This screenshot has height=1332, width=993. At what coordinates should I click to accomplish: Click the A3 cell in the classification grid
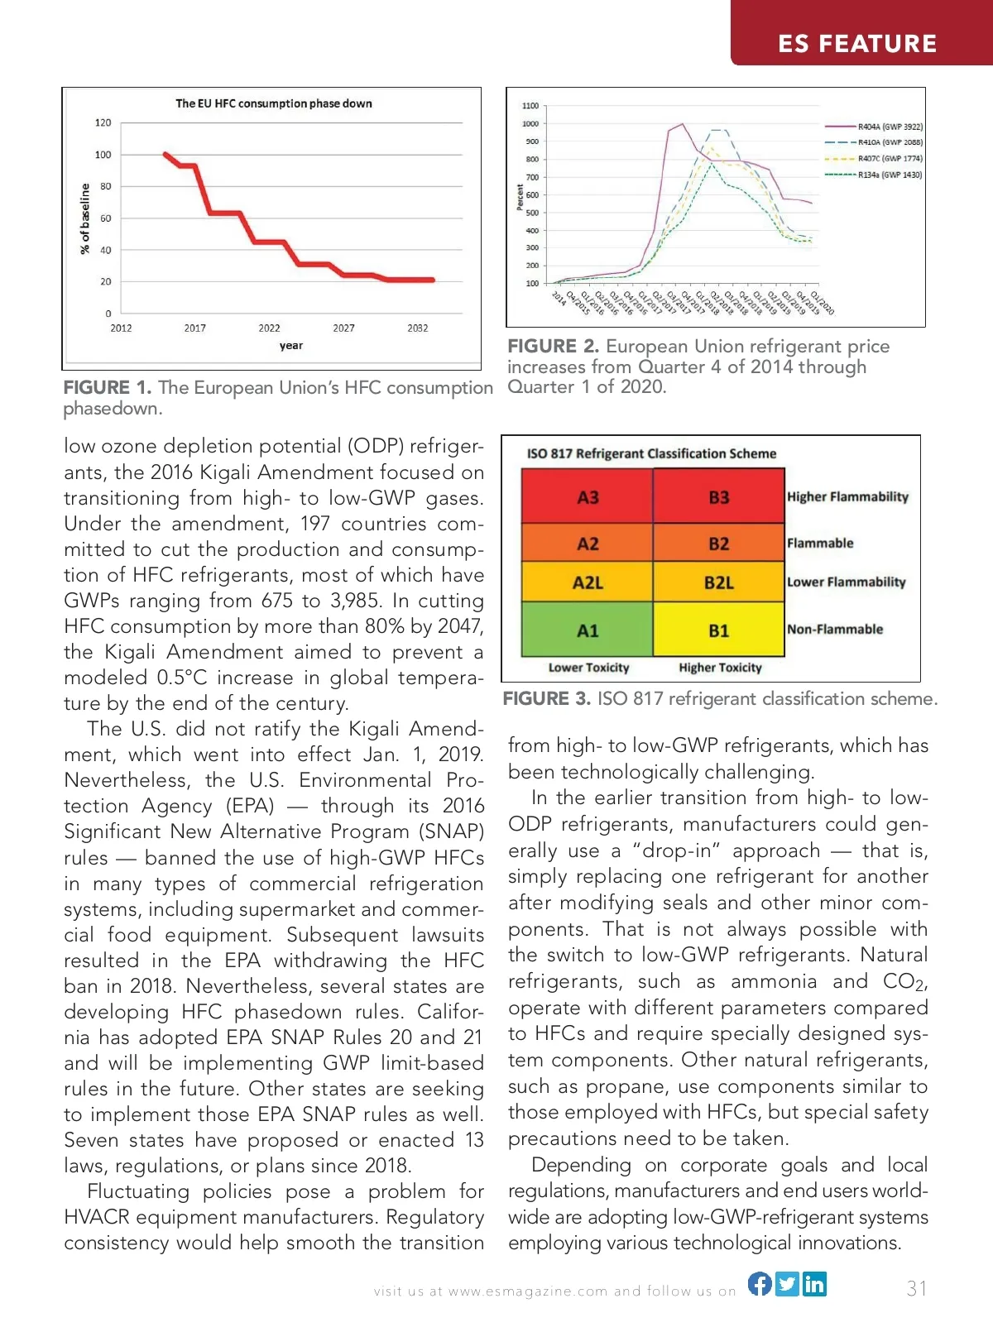coord(588,496)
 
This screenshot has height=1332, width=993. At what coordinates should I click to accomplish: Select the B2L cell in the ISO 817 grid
coord(718,582)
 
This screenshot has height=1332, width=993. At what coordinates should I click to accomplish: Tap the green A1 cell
coord(588,630)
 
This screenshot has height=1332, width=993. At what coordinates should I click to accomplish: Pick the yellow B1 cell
coord(718,630)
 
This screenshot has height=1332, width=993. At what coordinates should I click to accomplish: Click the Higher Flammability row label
coord(847,496)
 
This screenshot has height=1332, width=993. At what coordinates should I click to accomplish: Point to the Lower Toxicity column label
coord(588,668)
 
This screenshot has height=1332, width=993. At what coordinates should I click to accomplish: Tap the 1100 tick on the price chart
coord(530,106)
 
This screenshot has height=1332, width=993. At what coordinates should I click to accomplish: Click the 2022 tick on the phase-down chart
coord(269,328)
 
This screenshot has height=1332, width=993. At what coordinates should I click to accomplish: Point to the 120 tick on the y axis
coord(103,122)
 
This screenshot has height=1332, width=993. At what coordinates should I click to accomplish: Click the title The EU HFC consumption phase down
coord(274,103)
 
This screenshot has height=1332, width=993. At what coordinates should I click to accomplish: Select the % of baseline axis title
coord(84,218)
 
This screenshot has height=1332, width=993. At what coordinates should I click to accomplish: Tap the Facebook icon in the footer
coord(760,1283)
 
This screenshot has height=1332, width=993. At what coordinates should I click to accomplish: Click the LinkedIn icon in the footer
coord(814,1283)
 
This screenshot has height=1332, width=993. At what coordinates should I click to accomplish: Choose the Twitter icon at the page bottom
coord(787,1283)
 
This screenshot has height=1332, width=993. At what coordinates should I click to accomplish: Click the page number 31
coord(917,1288)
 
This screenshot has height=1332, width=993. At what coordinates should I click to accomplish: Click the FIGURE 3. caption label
coord(546,699)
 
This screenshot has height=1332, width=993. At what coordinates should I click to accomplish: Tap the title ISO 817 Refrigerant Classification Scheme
coord(651,453)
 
